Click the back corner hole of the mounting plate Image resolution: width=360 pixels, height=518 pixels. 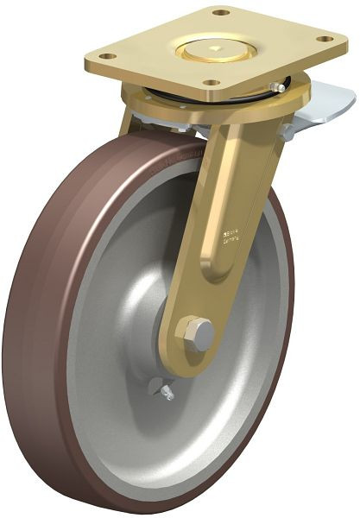click(220, 12)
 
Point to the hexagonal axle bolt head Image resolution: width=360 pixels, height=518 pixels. click(196, 333)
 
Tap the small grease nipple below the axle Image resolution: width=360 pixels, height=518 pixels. click(164, 393)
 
